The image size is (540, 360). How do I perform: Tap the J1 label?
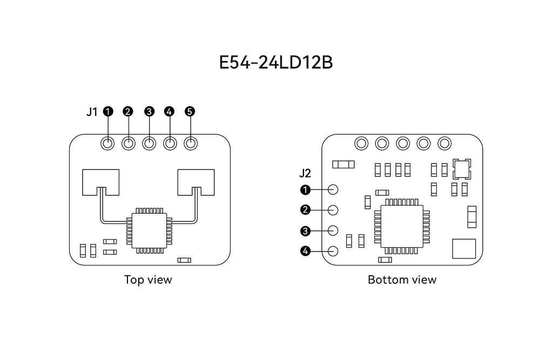coord(92,112)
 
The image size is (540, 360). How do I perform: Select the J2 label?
coord(305,174)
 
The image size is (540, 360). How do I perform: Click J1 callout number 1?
coord(108,111)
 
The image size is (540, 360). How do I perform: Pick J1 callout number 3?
coord(149,111)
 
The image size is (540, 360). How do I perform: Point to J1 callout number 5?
coord(190,111)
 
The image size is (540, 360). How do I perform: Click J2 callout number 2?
coord(305,209)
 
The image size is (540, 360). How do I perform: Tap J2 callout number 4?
coord(305,251)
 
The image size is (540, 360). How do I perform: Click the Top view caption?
coord(148,280)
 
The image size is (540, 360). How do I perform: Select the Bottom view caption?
coord(402,280)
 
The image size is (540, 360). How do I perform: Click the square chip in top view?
coord(149,230)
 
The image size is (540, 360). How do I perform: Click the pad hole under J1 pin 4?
coord(170,144)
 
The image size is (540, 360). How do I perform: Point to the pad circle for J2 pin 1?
coord(333,189)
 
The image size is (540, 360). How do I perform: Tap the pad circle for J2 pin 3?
coord(333,230)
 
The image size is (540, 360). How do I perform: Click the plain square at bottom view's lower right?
coord(464,250)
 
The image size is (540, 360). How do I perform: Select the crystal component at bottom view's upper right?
coord(462,169)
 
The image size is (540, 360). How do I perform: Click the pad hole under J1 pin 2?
coord(129,144)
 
